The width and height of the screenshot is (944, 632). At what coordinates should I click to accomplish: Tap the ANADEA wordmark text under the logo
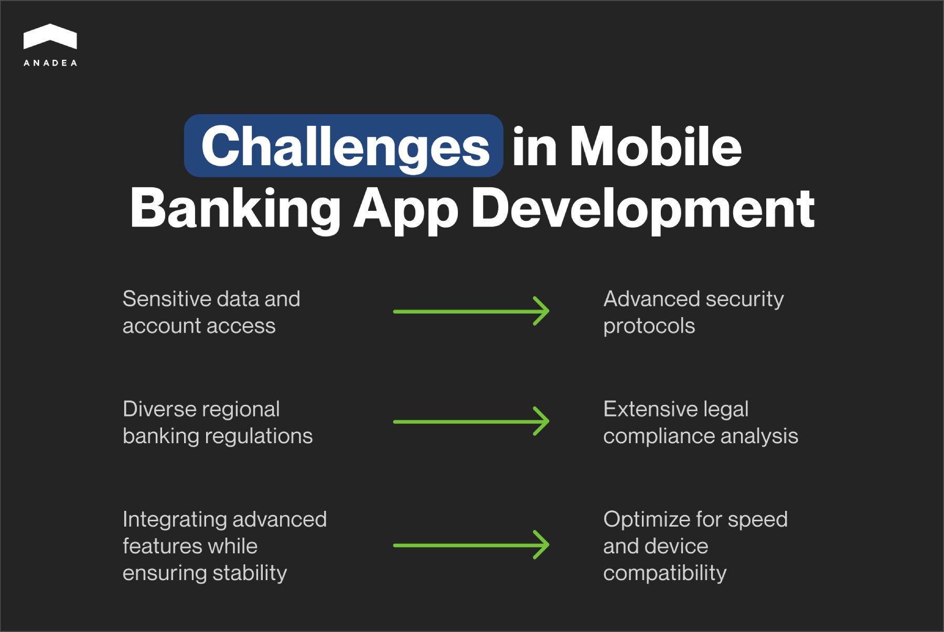(50, 63)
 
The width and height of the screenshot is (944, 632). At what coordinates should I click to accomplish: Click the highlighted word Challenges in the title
(345, 146)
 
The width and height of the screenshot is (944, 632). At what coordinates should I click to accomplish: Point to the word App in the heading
(405, 208)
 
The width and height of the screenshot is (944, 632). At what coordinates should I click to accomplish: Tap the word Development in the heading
(642, 208)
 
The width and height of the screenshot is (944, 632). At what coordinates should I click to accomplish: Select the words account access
(199, 326)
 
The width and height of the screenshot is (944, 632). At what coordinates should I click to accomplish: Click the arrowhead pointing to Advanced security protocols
(542, 311)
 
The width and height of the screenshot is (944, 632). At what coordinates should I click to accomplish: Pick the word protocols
(649, 326)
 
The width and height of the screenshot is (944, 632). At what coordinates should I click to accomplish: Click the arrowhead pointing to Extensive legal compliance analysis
(542, 421)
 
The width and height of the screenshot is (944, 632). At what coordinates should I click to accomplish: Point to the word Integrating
(175, 519)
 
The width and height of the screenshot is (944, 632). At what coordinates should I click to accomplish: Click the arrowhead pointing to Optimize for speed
(542, 545)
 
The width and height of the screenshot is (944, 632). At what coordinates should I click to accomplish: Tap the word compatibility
(664, 573)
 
